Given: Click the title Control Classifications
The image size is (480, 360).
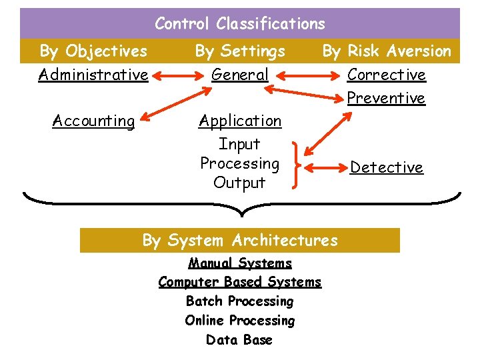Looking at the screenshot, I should pos(240,24).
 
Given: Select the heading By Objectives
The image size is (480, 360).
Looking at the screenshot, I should pos(93,51).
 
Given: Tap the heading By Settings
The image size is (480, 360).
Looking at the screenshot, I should pos(240,51).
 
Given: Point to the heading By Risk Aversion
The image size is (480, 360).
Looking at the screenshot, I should pos(387,51).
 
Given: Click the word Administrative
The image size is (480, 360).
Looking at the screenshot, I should pos(93,75).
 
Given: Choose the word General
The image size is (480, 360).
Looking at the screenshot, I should pos(240,75).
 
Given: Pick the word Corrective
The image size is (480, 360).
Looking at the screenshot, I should pos(387,75).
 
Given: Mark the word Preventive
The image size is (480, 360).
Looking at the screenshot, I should pos(387,98).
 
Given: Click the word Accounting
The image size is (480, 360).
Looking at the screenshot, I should pos(93,121).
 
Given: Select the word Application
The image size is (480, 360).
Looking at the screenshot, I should pos(240,121).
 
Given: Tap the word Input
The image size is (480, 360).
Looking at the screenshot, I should pos(240,144).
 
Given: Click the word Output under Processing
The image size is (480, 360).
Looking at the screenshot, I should pos(240,183).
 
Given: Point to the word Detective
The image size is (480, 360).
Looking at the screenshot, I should pos(387,167).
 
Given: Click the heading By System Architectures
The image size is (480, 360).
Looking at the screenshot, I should pos(240,240).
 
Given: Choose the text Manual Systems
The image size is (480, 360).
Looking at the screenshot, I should pos(240,263).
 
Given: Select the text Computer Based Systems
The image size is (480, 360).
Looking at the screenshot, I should pos(240,282).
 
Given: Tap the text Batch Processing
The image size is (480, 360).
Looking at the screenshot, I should pos(240,301).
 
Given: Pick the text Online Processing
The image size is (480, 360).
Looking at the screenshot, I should pos(240,321).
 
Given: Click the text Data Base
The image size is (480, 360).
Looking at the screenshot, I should pos(240,340).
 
